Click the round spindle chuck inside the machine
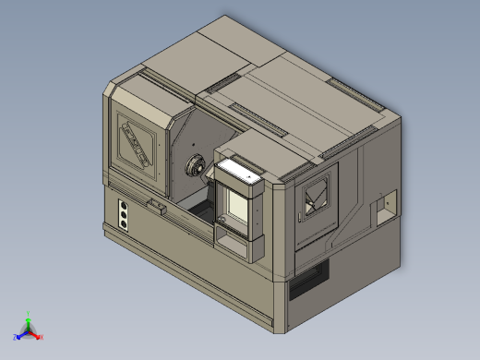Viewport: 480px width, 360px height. point(196,167)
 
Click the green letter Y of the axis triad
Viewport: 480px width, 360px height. point(29,314)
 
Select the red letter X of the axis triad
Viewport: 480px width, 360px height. point(42,338)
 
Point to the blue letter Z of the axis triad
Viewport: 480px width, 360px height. point(16,338)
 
